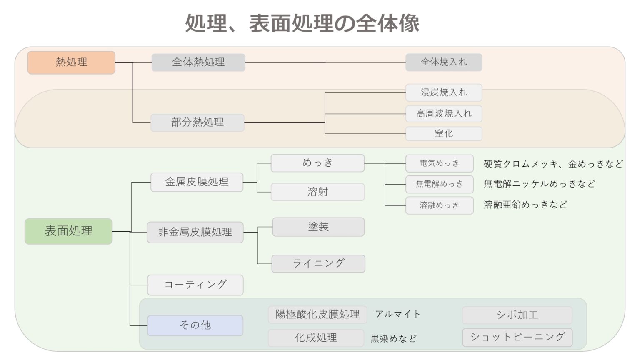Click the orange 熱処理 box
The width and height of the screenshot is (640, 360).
coord(71,62)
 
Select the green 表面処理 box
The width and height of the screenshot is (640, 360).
coord(68,231)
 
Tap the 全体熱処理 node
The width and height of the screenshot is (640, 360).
coord(198,62)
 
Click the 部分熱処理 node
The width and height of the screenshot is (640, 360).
coord(197,122)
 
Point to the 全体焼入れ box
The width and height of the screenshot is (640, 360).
coord(444,62)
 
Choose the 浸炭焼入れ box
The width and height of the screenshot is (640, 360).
coord(444,92)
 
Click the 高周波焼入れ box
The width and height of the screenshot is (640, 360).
coord(444,113)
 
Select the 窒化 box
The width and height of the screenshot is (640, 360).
coord(444,134)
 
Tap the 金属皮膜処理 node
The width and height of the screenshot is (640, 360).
coord(197,182)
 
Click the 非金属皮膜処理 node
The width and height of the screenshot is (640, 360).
coord(195,232)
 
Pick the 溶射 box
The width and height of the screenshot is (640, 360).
coord(317,192)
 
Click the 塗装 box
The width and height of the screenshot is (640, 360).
coord(318,227)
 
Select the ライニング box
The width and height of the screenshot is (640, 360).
coord(318,264)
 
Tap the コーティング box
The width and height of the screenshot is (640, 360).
coord(195,285)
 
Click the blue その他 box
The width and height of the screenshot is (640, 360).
coord(195,325)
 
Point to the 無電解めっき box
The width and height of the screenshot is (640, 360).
coord(439,184)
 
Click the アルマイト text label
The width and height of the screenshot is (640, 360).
coord(397,314)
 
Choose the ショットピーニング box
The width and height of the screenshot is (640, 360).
coord(517,337)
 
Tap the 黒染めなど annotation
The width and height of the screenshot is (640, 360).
coord(393,339)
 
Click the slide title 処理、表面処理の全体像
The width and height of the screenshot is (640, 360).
coord(302,23)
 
